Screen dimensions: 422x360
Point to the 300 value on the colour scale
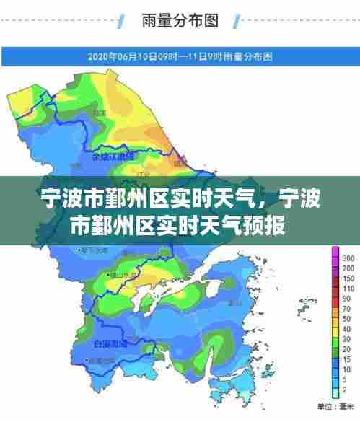348,258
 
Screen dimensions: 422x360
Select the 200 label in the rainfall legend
348,268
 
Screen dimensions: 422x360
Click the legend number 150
348,278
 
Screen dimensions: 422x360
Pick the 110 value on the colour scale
348,288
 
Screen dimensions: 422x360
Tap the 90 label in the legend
347,298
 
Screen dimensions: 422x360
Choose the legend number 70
347,309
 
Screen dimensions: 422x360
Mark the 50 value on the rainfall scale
347,319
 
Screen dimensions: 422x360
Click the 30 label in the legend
347,329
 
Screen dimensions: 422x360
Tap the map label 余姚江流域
114,156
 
